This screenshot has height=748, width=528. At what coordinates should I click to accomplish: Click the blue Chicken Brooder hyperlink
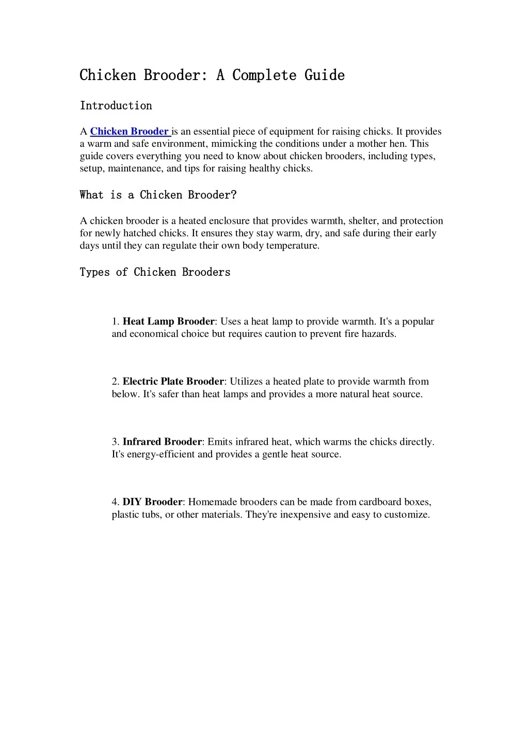tap(130, 131)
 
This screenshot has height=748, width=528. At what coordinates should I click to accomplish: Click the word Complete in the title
tap(264, 75)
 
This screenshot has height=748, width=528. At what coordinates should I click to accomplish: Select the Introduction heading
tap(116, 106)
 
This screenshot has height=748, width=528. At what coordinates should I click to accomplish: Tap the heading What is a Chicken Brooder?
tap(158, 195)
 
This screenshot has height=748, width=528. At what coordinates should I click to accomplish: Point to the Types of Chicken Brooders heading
tap(155, 272)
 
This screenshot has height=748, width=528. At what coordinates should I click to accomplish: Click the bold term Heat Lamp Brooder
tap(168, 321)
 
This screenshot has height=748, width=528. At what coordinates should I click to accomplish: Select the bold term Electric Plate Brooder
tap(173, 382)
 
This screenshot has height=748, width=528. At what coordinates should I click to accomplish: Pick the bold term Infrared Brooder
tap(162, 442)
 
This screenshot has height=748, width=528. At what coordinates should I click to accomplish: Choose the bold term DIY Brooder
tap(152, 502)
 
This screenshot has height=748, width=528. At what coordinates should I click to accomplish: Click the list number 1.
tap(115, 321)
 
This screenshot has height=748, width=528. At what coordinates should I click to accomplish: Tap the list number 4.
tap(115, 502)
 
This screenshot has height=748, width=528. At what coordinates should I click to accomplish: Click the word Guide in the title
tap(324, 75)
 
